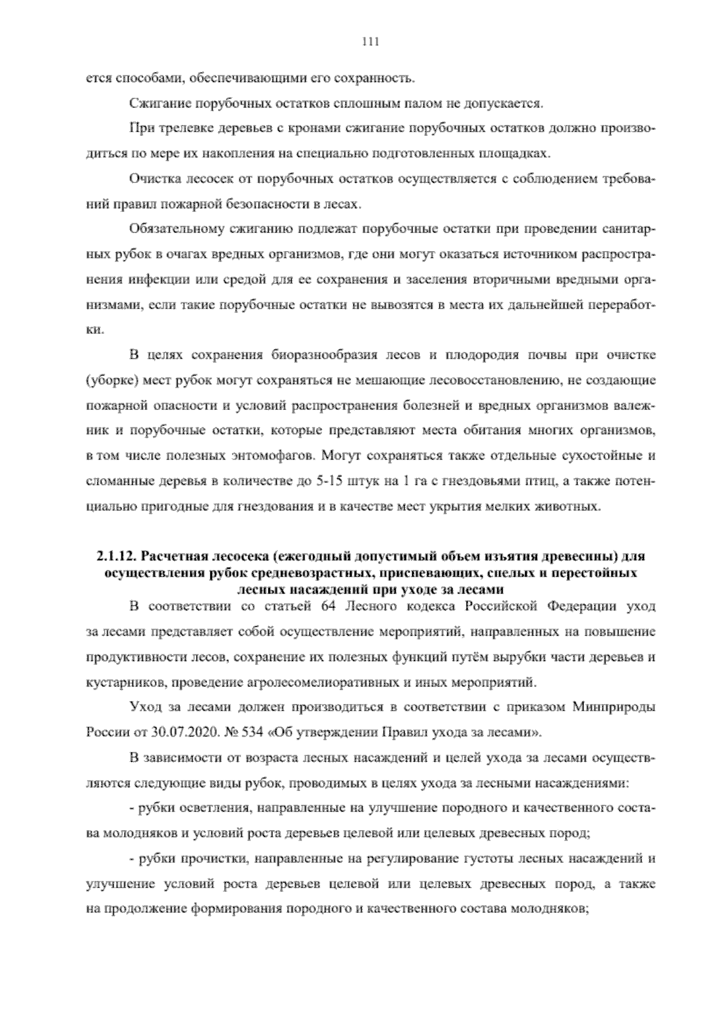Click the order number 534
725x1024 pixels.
coord(250,733)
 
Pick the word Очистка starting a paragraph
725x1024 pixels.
coord(150,179)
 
